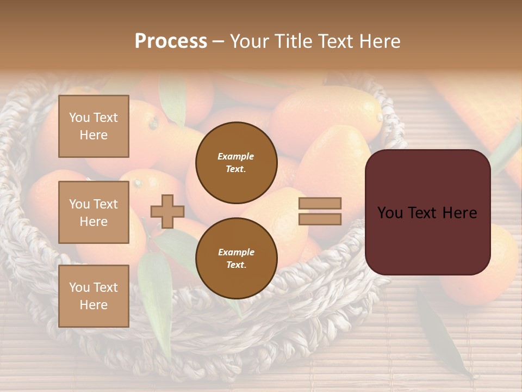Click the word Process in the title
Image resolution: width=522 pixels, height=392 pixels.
(x=171, y=41)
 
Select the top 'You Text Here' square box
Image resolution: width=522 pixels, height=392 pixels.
(x=94, y=126)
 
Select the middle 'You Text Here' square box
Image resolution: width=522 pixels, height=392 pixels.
(x=94, y=212)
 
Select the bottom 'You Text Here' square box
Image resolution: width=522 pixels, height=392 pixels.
(x=94, y=296)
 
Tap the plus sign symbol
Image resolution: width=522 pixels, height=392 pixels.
(x=167, y=212)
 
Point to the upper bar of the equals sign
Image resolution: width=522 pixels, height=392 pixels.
(x=320, y=203)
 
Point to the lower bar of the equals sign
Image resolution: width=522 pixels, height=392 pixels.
(x=320, y=219)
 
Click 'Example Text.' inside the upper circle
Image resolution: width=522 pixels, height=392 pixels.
(x=236, y=162)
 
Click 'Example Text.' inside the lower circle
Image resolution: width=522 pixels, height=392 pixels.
(x=236, y=258)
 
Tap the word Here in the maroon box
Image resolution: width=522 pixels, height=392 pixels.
(x=459, y=213)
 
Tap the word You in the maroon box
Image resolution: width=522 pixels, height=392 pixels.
(x=390, y=213)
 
